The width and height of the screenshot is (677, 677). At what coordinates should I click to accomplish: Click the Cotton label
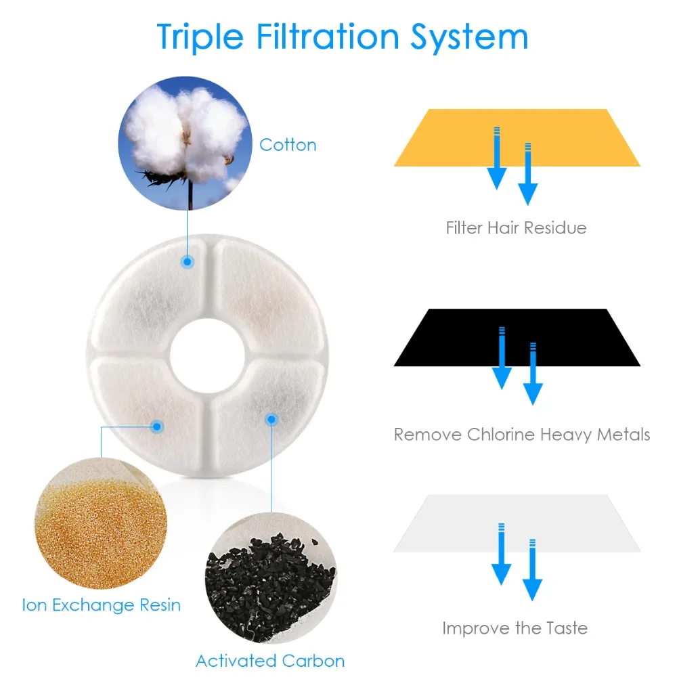(288, 145)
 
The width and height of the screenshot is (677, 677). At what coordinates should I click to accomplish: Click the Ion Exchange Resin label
(102, 605)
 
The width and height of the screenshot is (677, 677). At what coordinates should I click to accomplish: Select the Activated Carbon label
(270, 661)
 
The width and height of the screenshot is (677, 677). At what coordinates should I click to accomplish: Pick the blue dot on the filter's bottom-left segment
(157, 426)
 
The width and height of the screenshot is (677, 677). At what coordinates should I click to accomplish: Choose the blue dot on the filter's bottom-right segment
(271, 420)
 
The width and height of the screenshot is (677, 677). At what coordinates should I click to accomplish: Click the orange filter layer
(517, 138)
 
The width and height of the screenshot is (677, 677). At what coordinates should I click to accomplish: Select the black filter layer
(517, 337)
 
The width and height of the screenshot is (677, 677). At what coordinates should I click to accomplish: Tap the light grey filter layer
(517, 523)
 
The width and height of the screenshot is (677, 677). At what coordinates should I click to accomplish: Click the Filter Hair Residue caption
(516, 227)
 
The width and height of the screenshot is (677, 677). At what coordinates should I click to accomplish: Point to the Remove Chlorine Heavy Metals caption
(522, 434)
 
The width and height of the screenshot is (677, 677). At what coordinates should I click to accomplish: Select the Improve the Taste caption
(515, 628)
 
